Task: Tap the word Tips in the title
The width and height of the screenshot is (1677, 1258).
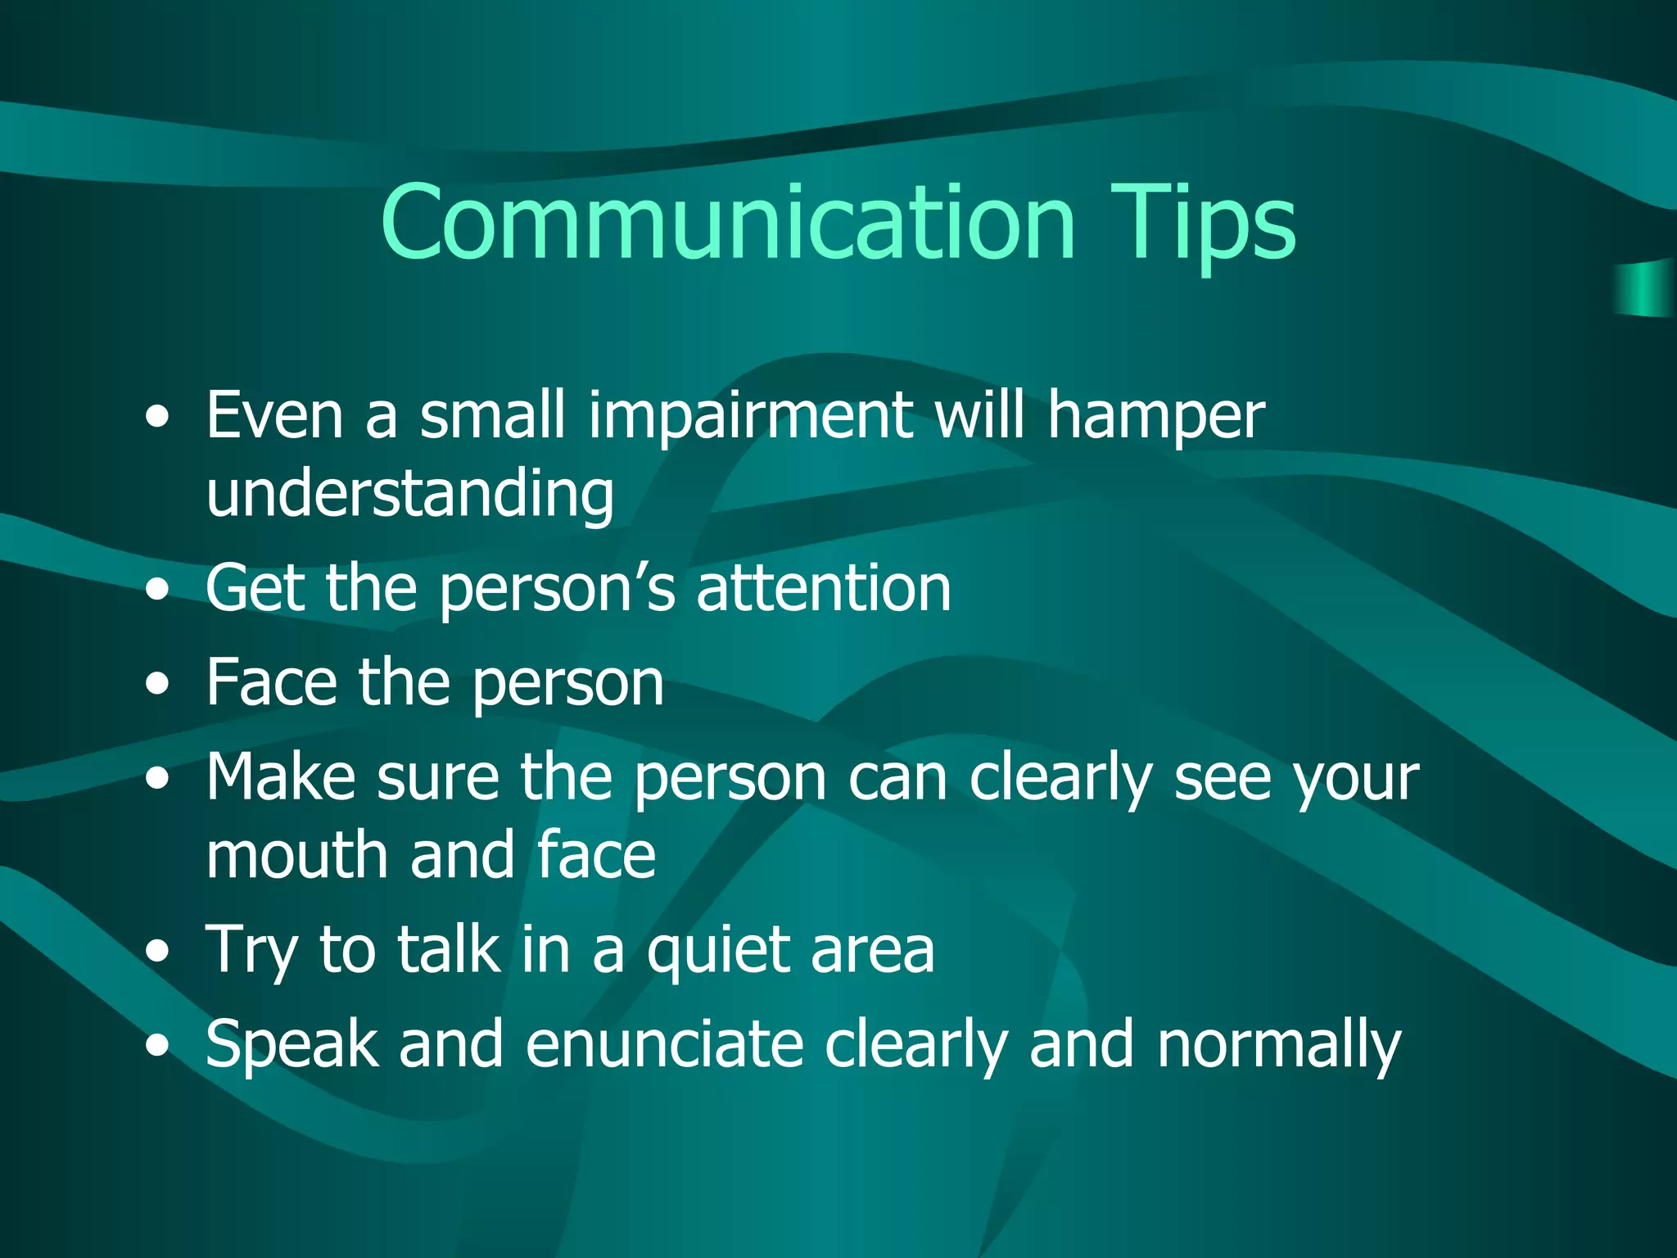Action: tap(1203, 223)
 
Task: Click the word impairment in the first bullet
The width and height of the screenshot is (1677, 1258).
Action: tap(750, 415)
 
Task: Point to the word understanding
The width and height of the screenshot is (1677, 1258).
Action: tap(409, 496)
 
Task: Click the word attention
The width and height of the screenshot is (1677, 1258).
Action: tap(824, 587)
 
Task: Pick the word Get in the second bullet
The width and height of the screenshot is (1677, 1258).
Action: tap(255, 587)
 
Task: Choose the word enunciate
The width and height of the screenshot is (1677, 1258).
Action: tap(664, 1044)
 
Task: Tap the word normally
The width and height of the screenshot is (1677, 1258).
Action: tap(1279, 1046)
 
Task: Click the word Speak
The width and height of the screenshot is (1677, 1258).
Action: tap(292, 1046)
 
